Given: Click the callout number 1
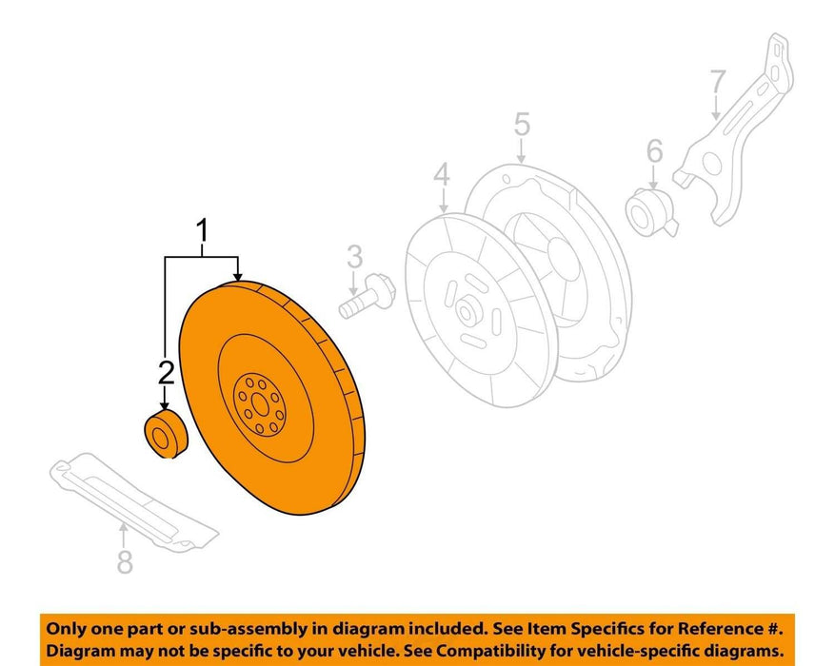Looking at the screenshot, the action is click(202, 232).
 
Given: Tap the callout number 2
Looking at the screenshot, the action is click(167, 372).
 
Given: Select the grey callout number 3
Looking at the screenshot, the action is click(355, 257).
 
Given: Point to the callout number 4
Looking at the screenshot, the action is click(442, 175).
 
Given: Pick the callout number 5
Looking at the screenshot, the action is click(523, 124).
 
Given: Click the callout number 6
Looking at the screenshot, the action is click(654, 150).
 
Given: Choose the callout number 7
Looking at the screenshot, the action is click(718, 82).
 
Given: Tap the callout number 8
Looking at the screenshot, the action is click(125, 561).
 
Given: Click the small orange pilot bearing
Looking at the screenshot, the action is click(167, 434).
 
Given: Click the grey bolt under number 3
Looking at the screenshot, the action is click(367, 296).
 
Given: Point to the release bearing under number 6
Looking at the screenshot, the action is click(650, 212).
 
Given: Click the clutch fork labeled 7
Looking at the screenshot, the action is click(734, 129).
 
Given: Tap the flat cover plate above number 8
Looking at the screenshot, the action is click(134, 503).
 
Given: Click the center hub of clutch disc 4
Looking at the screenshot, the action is click(467, 313).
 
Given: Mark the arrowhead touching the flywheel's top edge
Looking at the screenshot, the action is click(237, 276).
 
